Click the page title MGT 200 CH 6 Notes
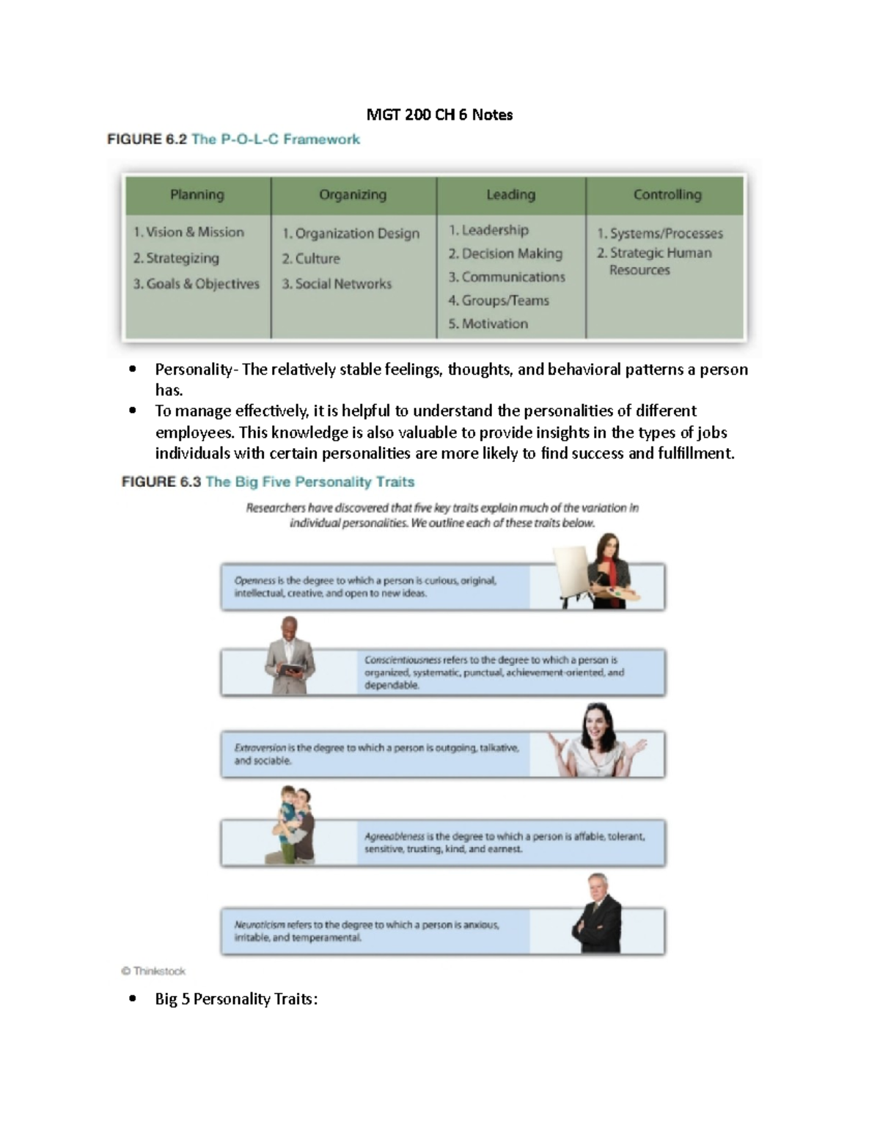point(439,114)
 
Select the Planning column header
point(197,194)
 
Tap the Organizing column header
point(352,194)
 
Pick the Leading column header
point(510,194)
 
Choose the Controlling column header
point(667,194)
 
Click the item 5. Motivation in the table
point(488,323)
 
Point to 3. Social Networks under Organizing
point(337,284)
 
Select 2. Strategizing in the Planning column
point(176,258)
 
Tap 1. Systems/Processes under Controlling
point(659,233)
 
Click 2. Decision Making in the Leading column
point(505,254)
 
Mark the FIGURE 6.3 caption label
point(161,482)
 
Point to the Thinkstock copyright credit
point(153,971)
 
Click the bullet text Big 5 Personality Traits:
point(236,999)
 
